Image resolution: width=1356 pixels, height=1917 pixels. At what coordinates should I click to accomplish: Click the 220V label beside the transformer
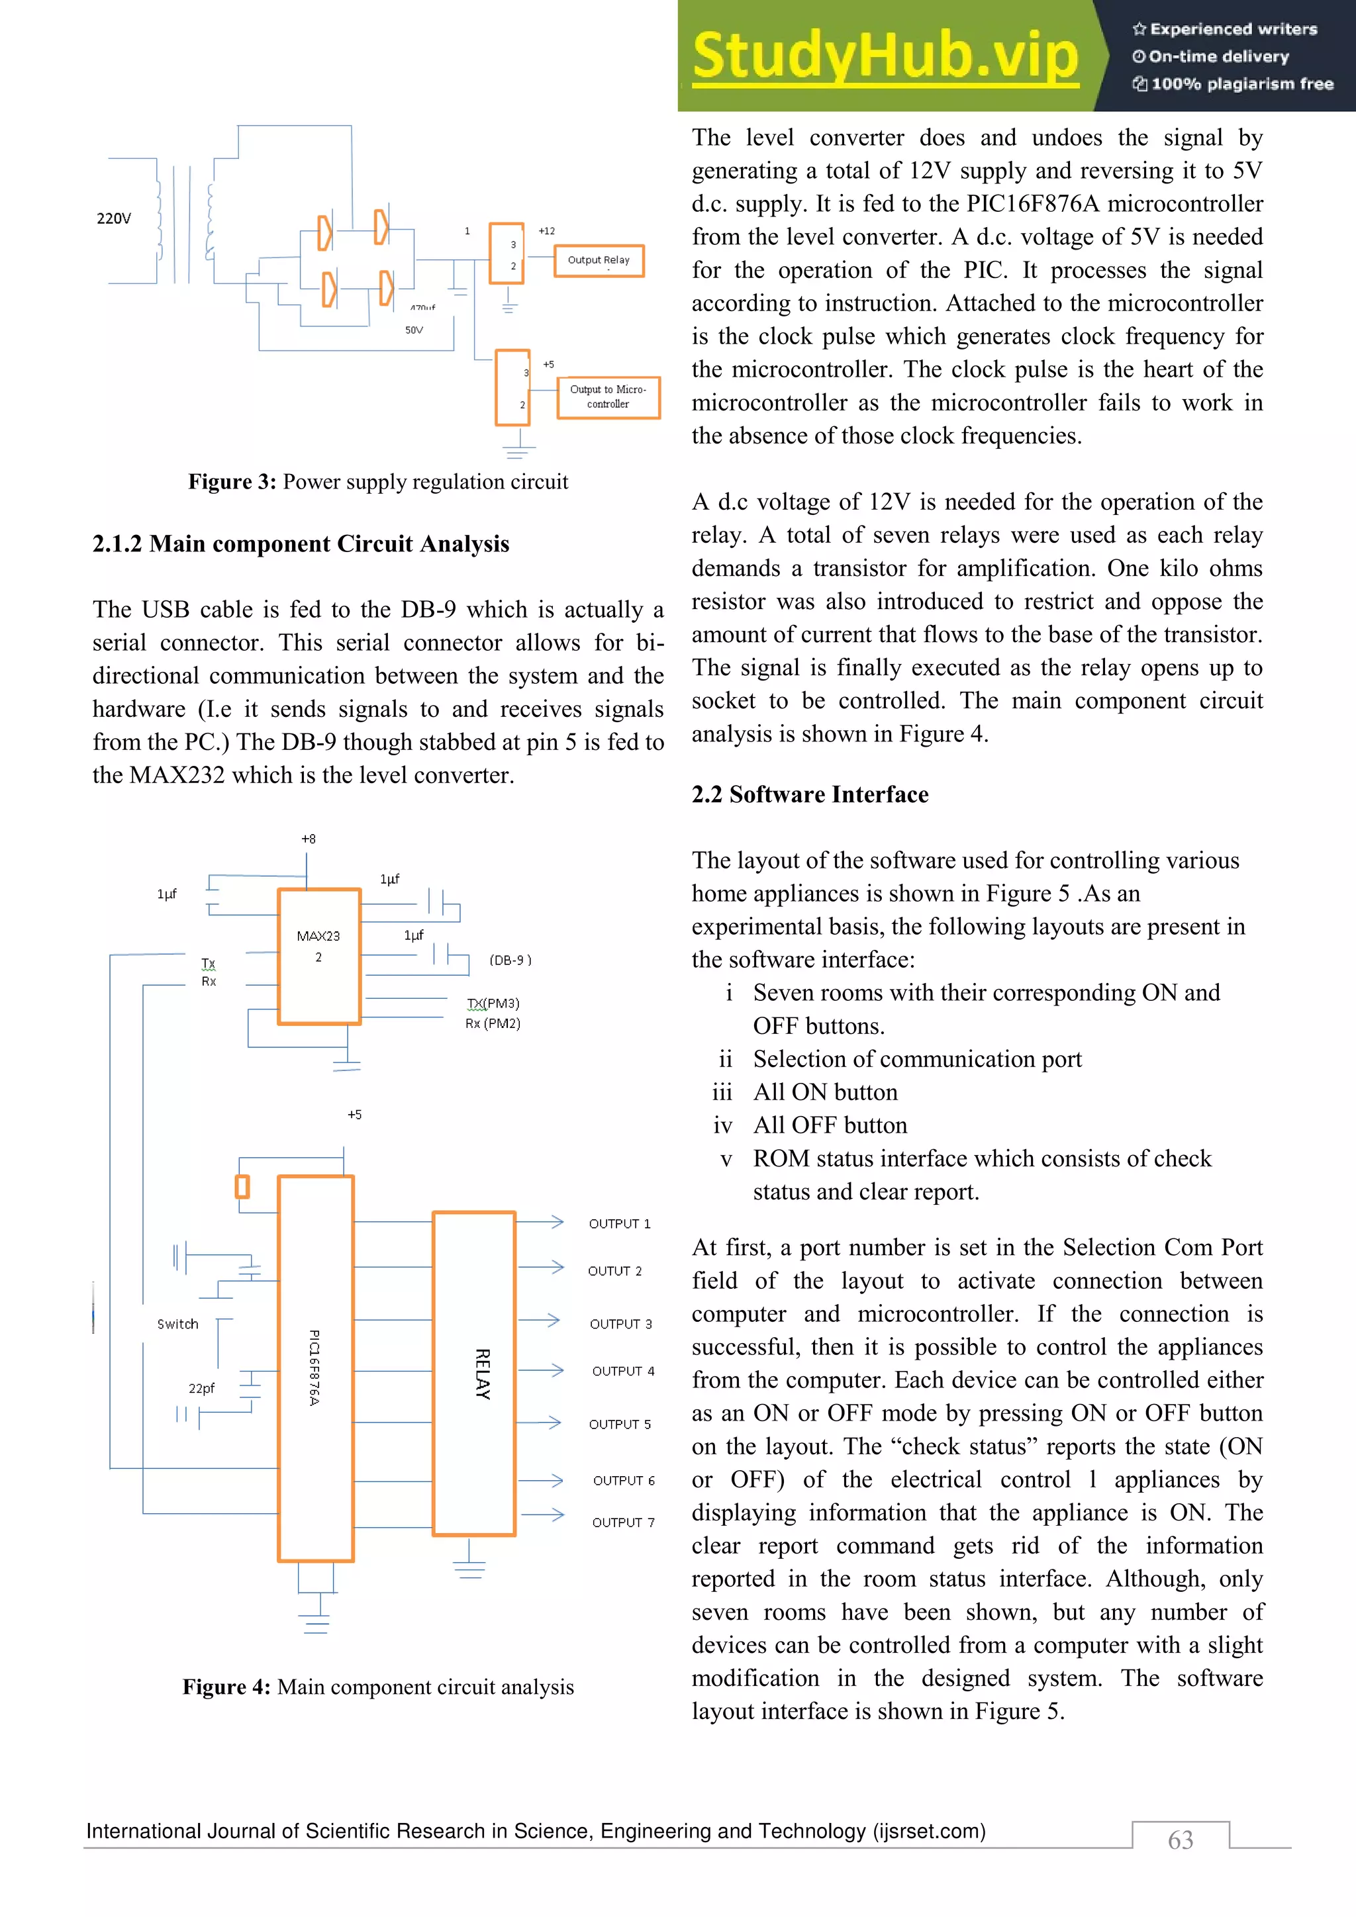point(114,218)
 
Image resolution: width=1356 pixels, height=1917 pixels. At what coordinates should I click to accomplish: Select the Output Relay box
point(599,261)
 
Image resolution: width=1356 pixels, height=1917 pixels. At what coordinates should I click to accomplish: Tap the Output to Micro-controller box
point(608,397)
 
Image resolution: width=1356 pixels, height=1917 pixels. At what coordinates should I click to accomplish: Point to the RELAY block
point(474,1374)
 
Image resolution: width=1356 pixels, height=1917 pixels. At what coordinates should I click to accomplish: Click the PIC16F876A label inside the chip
point(314,1368)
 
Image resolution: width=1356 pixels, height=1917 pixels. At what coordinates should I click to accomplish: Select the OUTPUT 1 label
point(618,1224)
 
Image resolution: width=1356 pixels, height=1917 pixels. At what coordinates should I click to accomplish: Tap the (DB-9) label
point(510,960)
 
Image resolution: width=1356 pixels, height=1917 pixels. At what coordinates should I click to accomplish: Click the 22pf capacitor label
point(201,1389)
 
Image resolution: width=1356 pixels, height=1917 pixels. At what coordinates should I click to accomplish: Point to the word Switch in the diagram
point(178,1324)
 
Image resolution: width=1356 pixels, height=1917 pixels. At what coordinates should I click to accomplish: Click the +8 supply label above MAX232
point(308,839)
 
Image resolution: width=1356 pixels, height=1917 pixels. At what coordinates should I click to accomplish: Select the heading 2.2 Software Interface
point(809,794)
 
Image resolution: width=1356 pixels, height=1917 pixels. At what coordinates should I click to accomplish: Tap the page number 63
point(1180,1840)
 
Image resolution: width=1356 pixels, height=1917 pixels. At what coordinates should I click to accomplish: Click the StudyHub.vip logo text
point(885,57)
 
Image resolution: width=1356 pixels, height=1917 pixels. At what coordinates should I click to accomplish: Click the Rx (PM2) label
point(493,1023)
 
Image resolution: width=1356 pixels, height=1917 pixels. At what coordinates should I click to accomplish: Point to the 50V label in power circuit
point(414,330)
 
